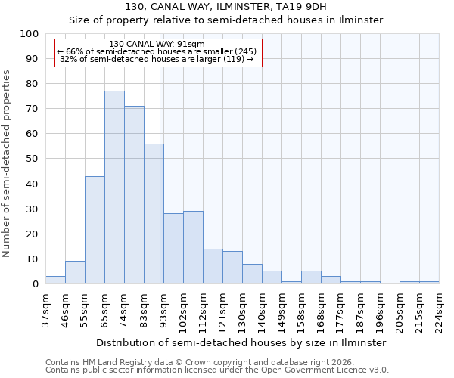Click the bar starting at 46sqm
(x=75, y=272)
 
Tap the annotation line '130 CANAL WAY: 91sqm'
(x=157, y=44)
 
